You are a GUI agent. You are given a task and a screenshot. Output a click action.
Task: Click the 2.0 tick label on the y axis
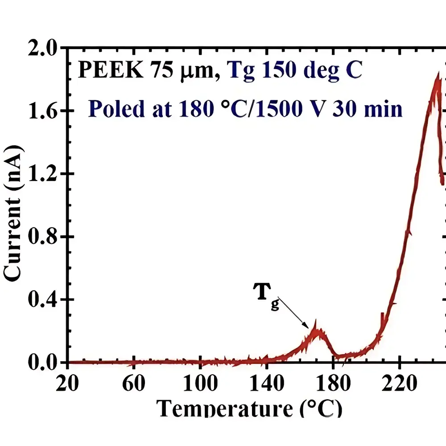43,48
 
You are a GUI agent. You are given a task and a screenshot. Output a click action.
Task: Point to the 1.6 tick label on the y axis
43,111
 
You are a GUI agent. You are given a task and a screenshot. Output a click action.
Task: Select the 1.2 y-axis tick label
43,174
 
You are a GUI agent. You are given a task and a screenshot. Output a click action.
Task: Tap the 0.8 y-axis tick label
43,237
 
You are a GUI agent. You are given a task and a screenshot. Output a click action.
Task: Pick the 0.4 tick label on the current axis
43,300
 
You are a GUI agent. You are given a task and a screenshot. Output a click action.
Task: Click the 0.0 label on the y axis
43,362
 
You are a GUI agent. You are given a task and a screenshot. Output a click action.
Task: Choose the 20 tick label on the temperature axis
68,383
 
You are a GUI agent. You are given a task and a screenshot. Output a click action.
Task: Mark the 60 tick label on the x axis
134,383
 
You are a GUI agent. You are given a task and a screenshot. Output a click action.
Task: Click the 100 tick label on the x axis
200,383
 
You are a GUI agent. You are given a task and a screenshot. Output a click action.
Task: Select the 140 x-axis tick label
267,383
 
